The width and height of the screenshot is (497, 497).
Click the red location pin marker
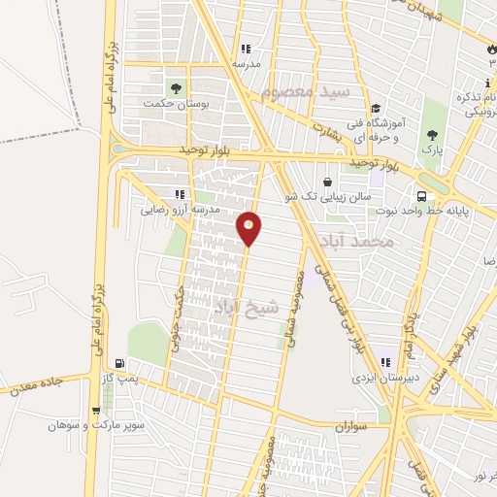[x=249, y=228]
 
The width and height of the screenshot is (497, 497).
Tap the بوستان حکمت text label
[x=170, y=103]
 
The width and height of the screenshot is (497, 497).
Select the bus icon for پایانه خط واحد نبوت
[x=420, y=193]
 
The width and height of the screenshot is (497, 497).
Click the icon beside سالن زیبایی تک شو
[x=326, y=182]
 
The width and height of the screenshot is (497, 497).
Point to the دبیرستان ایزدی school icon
[x=386, y=361]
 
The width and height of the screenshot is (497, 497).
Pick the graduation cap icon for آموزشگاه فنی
[x=375, y=109]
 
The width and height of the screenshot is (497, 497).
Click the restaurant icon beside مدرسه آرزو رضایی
[x=178, y=194]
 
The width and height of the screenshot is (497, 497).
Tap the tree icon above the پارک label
[x=432, y=135]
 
